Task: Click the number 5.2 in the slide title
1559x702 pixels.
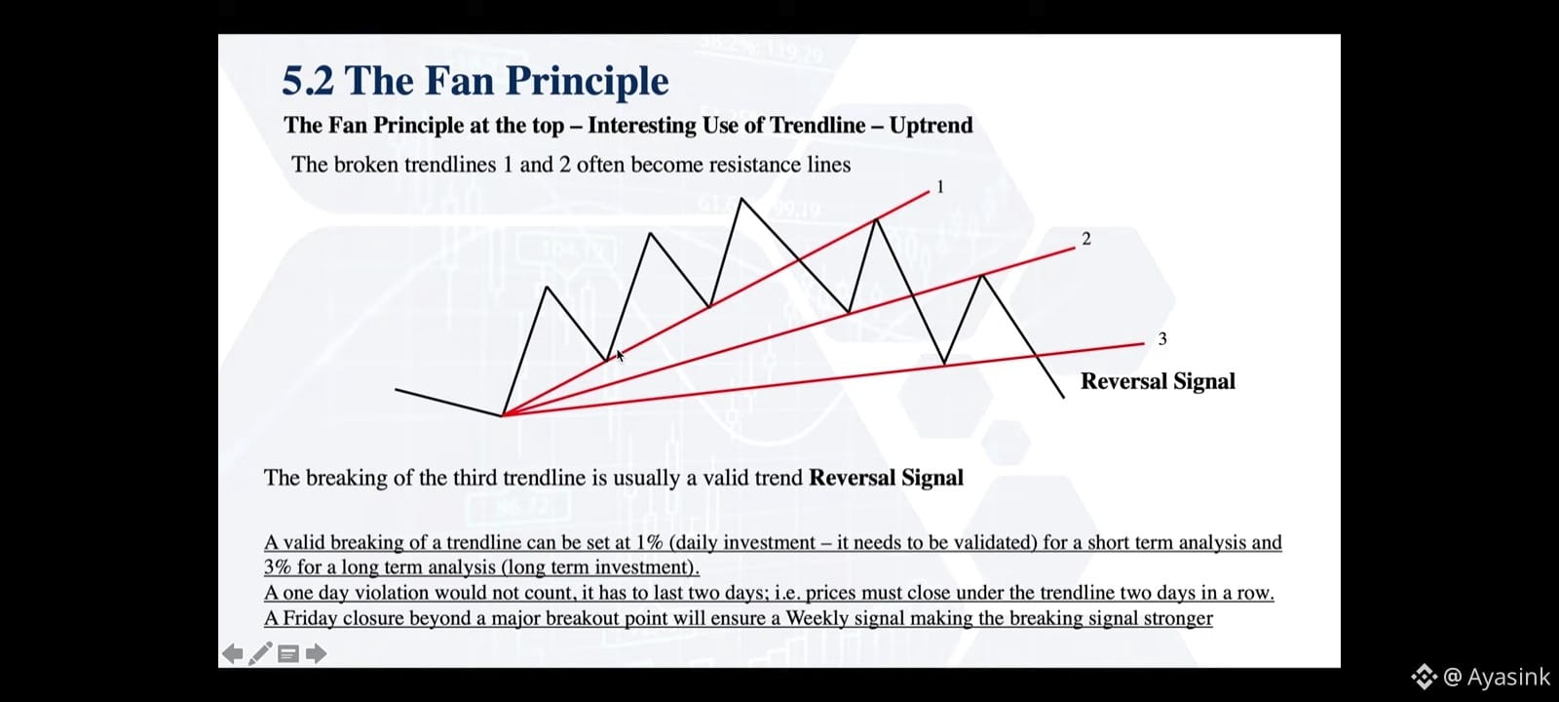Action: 308,81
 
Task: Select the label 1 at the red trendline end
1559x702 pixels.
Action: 940,186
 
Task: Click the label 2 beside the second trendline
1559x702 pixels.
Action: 1086,239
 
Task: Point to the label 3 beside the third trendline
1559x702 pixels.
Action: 1161,338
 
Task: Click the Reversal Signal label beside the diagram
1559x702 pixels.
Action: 1158,381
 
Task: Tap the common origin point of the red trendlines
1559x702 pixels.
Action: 503,415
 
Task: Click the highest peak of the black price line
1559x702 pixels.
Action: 741,199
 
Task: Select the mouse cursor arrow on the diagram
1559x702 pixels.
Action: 620,355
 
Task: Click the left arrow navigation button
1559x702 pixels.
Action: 233,653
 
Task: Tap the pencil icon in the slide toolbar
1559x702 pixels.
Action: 260,653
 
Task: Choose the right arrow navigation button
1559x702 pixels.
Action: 316,653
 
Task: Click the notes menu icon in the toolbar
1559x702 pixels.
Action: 288,654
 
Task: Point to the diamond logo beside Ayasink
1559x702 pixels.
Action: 1424,677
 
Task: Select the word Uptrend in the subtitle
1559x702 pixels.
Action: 932,126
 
